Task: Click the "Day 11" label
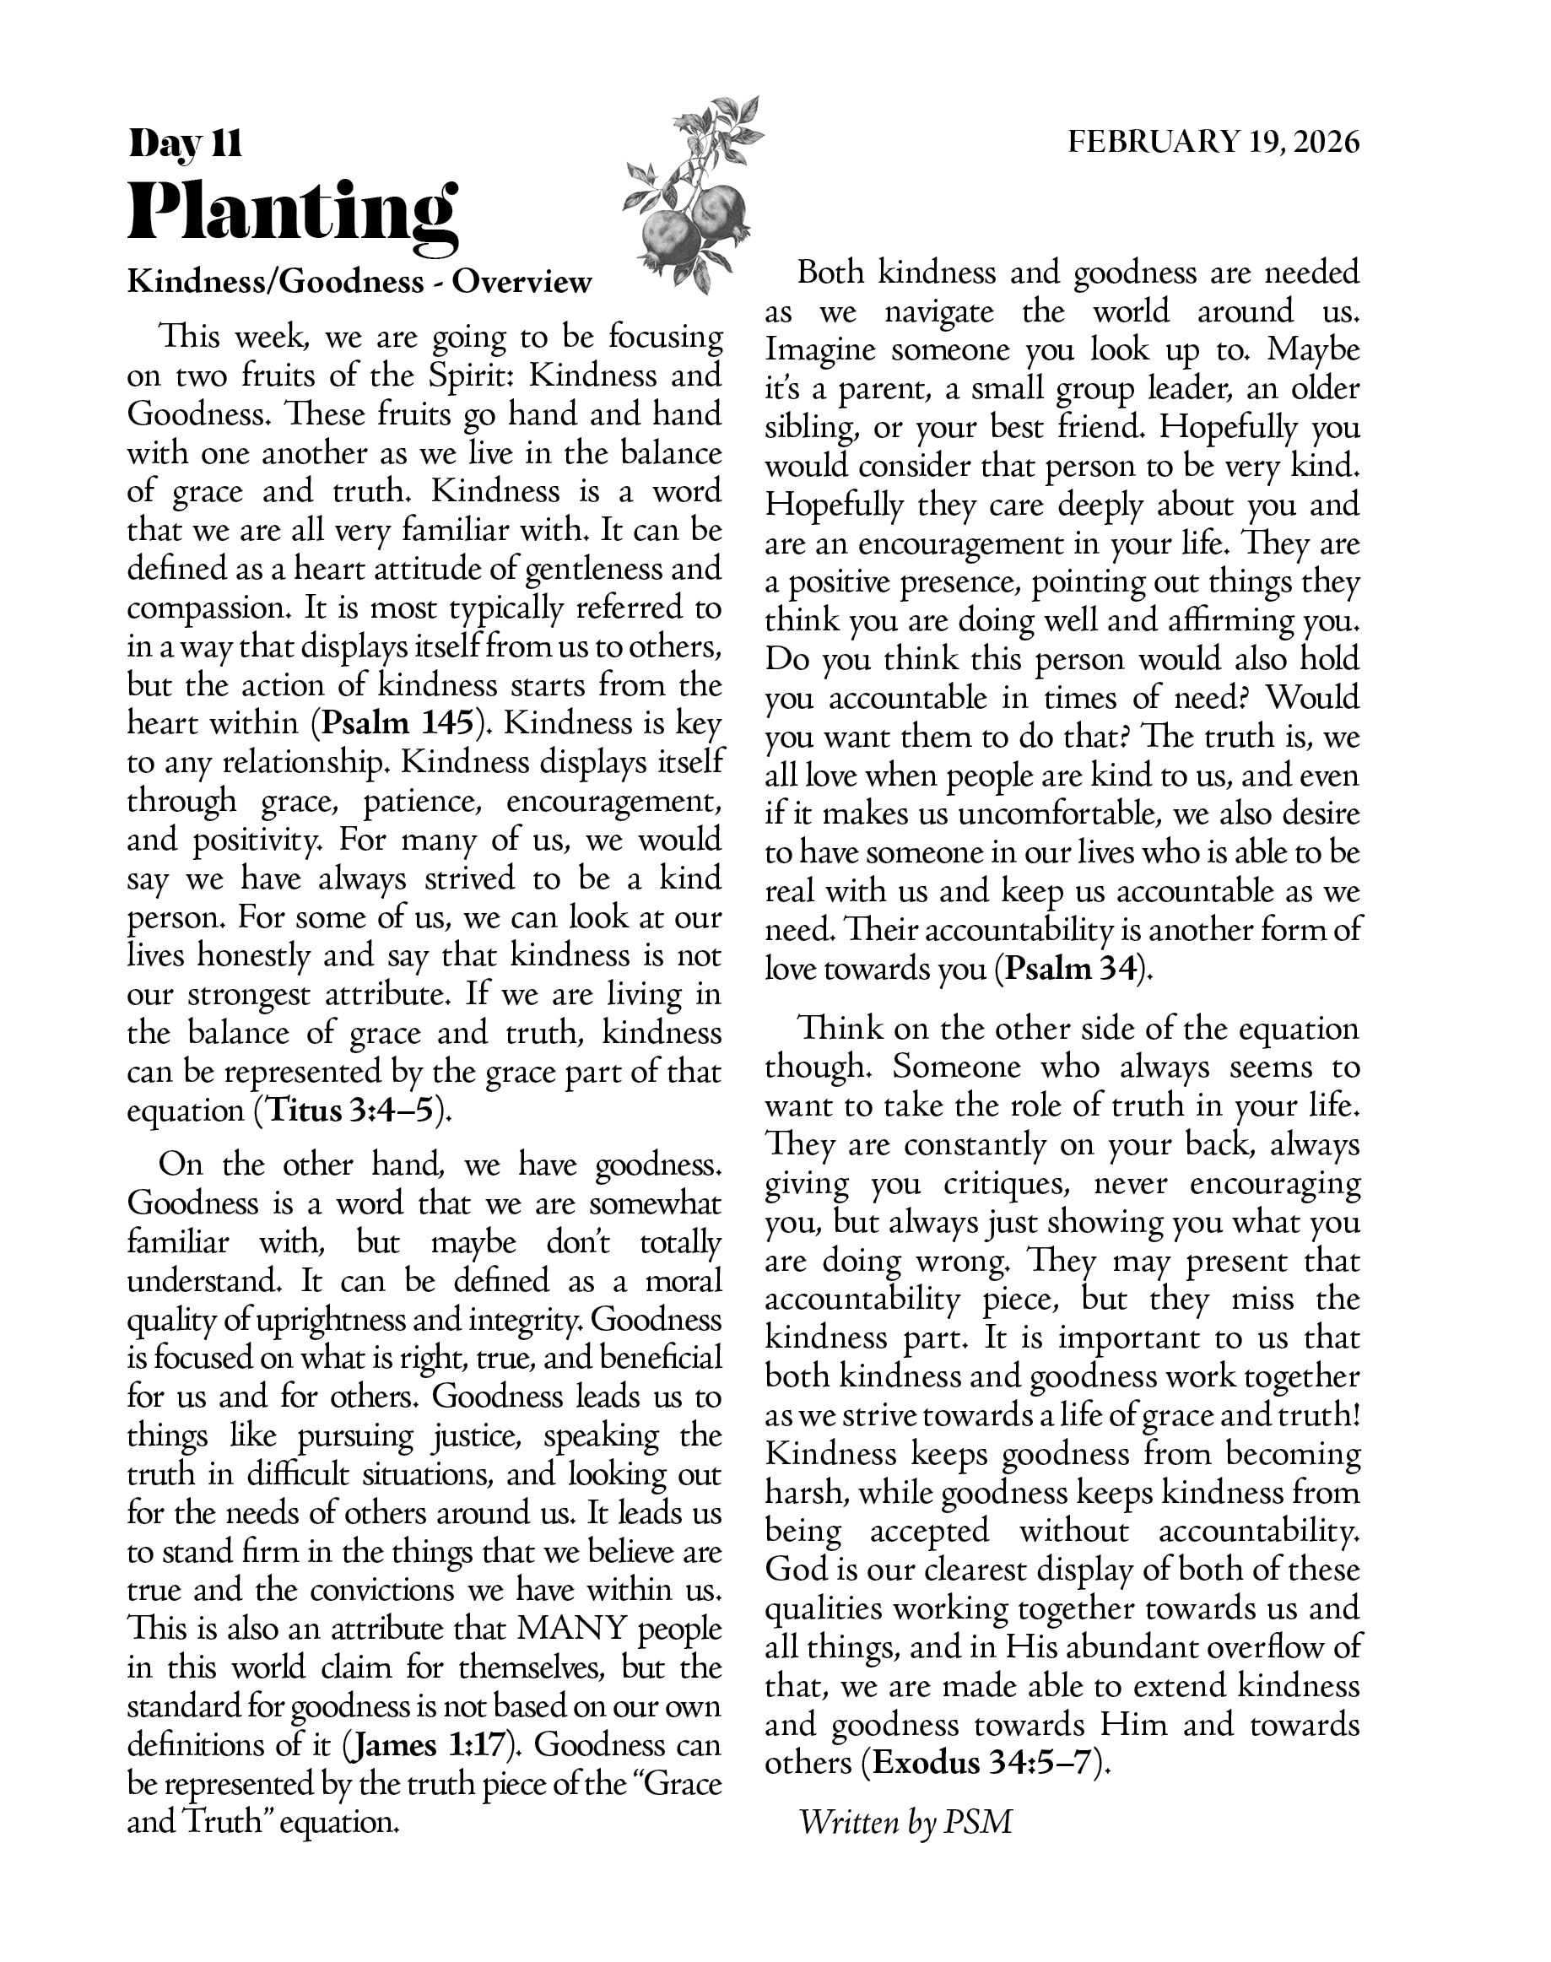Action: pyautogui.click(x=186, y=143)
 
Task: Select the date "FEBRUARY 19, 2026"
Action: pyautogui.click(x=1213, y=143)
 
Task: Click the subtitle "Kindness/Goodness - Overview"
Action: pyautogui.click(x=359, y=283)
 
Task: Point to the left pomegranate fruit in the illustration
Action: pyautogui.click(x=670, y=238)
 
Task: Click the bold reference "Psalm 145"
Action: pyautogui.click(x=398, y=723)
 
